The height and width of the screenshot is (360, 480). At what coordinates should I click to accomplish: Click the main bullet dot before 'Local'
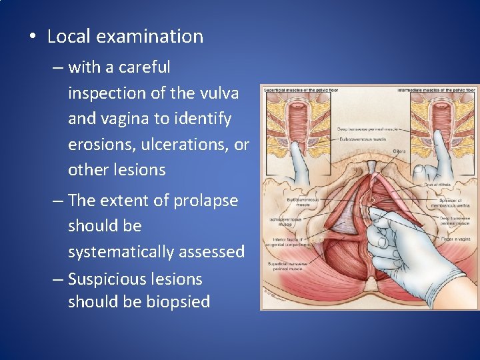33,37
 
